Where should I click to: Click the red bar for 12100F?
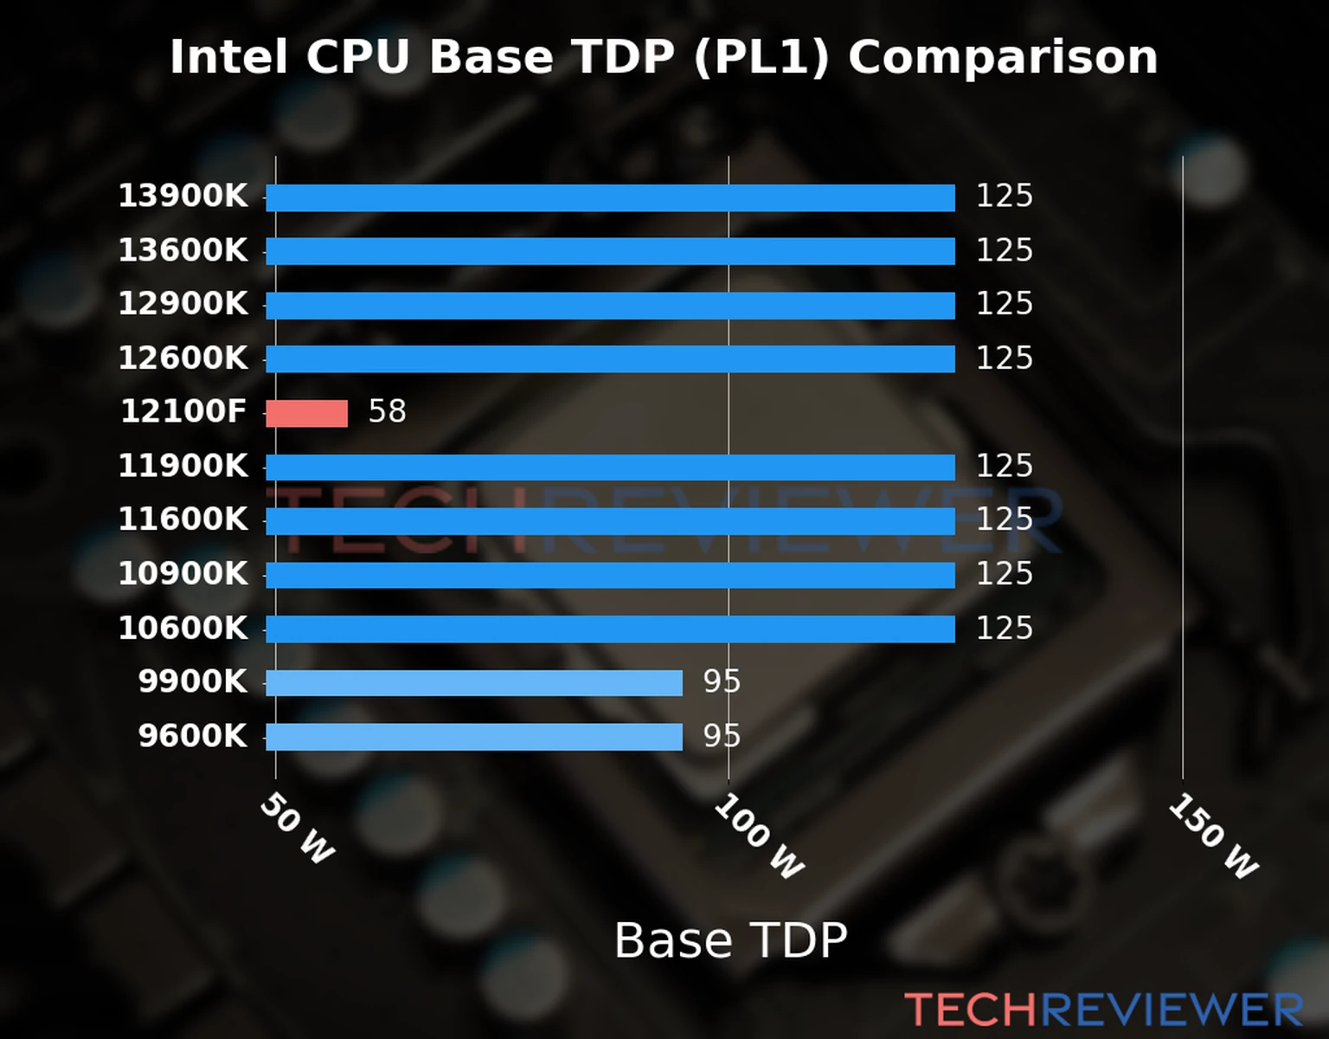pyautogui.click(x=306, y=413)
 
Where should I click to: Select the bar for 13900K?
pyautogui.click(x=610, y=197)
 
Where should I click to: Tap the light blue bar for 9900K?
pyautogui.click(x=473, y=683)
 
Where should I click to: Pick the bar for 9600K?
pyautogui.click(x=473, y=737)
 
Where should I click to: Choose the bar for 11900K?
pyautogui.click(x=610, y=468)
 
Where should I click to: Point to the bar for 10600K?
pyautogui.click(x=610, y=629)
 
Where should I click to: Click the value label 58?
pyautogui.click(x=387, y=411)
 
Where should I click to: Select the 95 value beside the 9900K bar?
pyautogui.click(x=722, y=682)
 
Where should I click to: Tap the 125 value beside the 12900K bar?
pyautogui.click(x=1004, y=304)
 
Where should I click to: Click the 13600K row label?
pyautogui.click(x=183, y=250)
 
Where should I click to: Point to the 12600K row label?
pyautogui.click(x=183, y=358)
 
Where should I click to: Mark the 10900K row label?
pyautogui.click(x=183, y=574)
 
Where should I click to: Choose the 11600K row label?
pyautogui.click(x=183, y=519)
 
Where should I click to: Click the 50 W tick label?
pyautogui.click(x=297, y=829)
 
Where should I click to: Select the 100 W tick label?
pyautogui.click(x=759, y=836)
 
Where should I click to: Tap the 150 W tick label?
pyautogui.click(x=1213, y=836)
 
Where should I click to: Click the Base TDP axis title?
pyautogui.click(x=730, y=940)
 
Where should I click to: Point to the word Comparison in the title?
pyautogui.click(x=1002, y=57)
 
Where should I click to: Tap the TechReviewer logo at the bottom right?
pyautogui.click(x=1103, y=1010)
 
